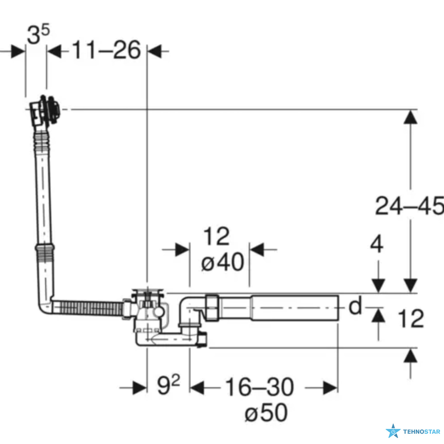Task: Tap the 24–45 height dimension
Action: click(410, 205)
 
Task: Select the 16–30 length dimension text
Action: click(259, 387)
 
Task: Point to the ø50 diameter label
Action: click(266, 412)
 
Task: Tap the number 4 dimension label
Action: click(377, 244)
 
